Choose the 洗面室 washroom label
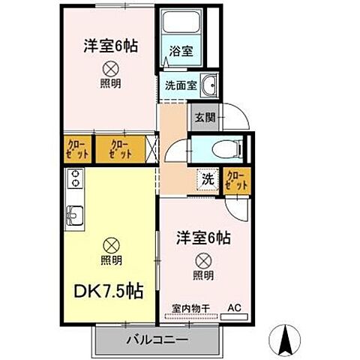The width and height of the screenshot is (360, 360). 180,85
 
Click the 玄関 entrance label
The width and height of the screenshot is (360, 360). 205,116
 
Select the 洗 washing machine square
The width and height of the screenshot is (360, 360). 208,180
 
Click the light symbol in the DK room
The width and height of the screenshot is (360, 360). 110,244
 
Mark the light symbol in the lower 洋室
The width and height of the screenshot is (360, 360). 203,261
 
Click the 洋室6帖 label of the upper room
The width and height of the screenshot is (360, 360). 109,45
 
